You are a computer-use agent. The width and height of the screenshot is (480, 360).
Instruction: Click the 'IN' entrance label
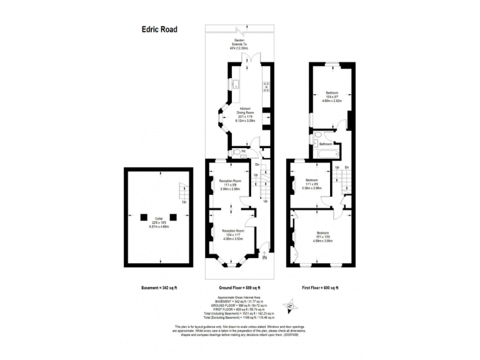(x=264, y=258)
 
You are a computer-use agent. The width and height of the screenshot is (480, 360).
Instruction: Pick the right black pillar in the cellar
(x=173, y=217)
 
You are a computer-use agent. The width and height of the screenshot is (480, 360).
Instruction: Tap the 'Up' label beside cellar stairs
(x=184, y=202)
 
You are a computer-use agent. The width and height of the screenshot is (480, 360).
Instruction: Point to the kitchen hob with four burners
(x=265, y=87)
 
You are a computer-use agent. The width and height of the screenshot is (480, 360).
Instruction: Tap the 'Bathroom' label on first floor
(x=325, y=144)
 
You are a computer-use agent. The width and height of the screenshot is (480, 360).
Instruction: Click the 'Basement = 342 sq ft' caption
(x=159, y=287)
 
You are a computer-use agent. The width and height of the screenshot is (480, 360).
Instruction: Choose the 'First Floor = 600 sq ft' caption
(x=319, y=287)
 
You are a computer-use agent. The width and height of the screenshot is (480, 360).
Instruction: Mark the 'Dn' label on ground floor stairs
(x=257, y=164)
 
